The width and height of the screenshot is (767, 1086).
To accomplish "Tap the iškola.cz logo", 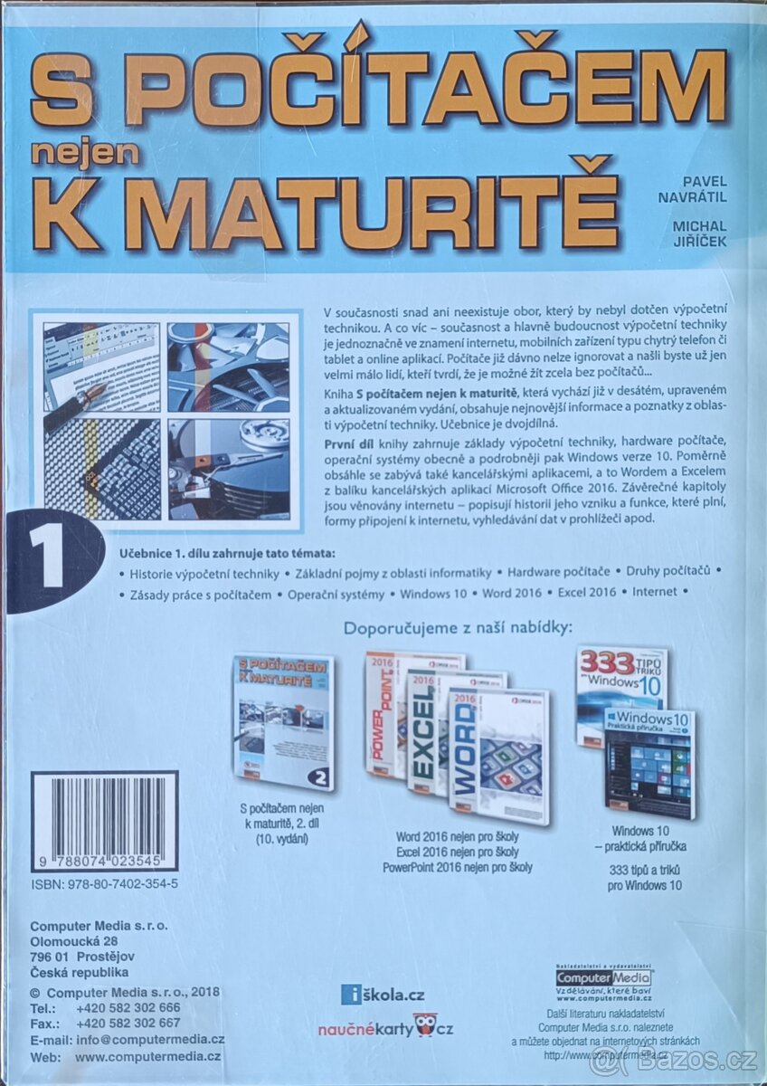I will click(383, 995).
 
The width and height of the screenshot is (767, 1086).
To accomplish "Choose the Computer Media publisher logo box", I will click(604, 979).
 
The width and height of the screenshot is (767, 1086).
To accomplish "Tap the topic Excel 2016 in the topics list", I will click(586, 593).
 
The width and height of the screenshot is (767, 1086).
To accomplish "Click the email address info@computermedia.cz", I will click(150, 1040).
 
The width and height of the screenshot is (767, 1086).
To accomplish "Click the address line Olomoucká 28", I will click(74, 942).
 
